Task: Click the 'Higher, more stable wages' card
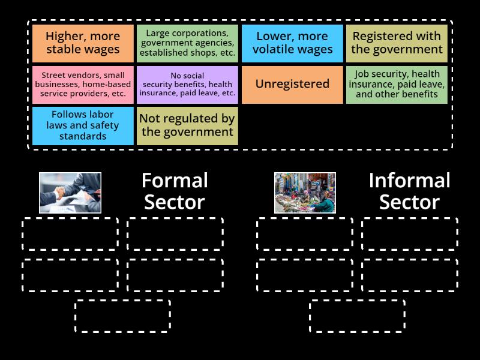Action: (x=83, y=43)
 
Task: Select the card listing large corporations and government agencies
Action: (x=187, y=43)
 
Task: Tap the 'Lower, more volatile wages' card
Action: (x=292, y=43)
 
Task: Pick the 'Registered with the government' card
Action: (x=397, y=43)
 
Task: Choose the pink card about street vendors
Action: (x=83, y=85)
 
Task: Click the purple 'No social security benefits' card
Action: (x=187, y=85)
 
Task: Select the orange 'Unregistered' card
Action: (x=292, y=85)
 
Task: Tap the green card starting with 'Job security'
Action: (x=397, y=85)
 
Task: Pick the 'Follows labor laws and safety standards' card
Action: (x=83, y=125)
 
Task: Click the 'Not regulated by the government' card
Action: (x=187, y=125)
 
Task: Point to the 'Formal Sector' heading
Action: (x=175, y=191)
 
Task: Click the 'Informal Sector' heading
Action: (x=409, y=191)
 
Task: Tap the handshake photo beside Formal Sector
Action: (x=70, y=193)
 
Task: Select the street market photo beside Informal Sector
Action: (x=305, y=193)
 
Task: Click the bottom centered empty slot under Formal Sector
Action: (x=122, y=316)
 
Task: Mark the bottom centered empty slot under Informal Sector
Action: (x=357, y=316)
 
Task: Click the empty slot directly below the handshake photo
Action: (x=70, y=234)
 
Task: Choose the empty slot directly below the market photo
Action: (x=305, y=234)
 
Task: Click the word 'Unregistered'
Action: (x=292, y=85)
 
